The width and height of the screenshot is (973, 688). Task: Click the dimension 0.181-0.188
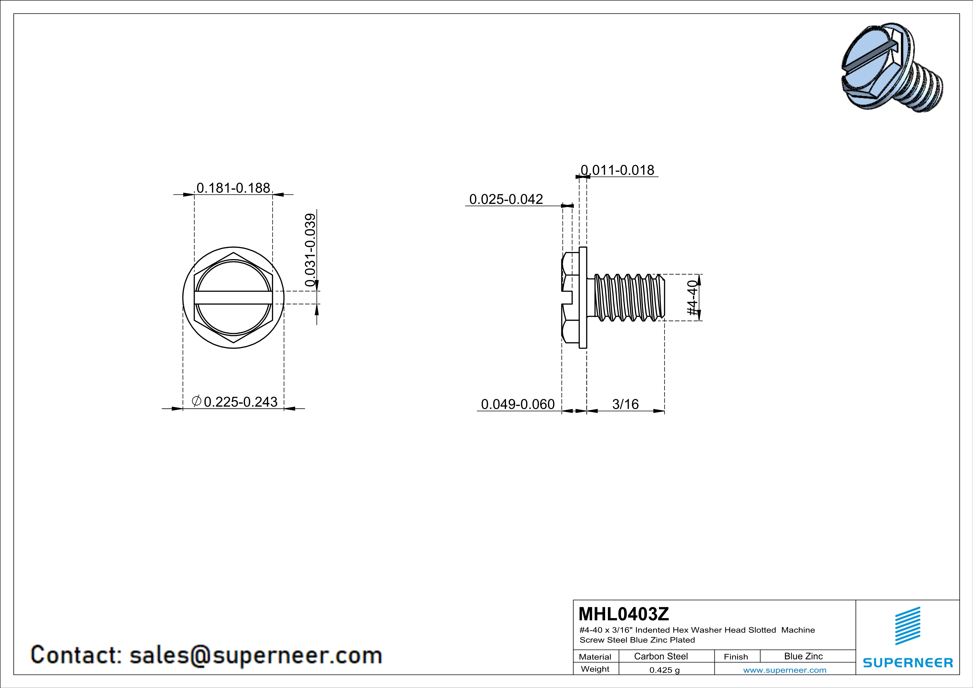click(233, 188)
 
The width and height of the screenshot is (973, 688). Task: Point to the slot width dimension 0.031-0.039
click(310, 250)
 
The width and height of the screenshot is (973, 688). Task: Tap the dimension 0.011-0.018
click(617, 170)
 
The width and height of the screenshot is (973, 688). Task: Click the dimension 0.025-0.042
click(506, 199)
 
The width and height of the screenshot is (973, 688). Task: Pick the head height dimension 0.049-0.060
click(518, 404)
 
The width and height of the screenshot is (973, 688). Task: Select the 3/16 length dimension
click(625, 404)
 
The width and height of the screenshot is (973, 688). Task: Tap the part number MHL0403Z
click(624, 613)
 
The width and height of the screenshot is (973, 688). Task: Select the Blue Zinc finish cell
click(803, 656)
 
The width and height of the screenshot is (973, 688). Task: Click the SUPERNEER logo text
click(908, 662)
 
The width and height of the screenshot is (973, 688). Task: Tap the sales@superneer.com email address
click(256, 655)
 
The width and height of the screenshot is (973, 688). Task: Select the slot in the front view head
click(233, 297)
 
